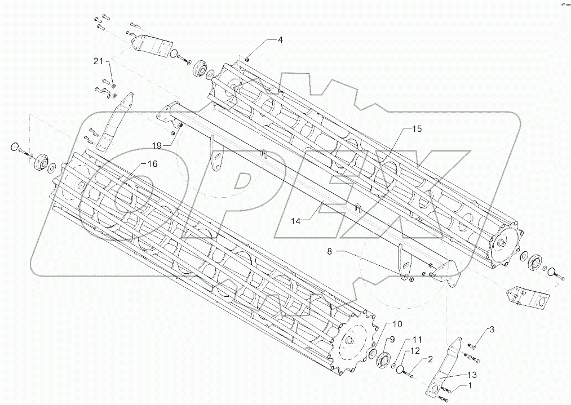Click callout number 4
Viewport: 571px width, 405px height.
tap(280, 40)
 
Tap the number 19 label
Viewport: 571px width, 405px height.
tap(157, 145)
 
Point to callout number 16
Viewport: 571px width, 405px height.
tap(152, 164)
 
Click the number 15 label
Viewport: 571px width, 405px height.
tap(416, 129)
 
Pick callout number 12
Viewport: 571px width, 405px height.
tap(414, 351)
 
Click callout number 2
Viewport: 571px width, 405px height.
tap(430, 359)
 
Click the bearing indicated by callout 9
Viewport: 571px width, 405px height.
tap(386, 360)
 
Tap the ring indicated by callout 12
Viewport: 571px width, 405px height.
tap(401, 370)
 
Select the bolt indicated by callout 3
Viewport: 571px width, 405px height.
tap(472, 345)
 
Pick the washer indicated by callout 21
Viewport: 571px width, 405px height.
tap(114, 84)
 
